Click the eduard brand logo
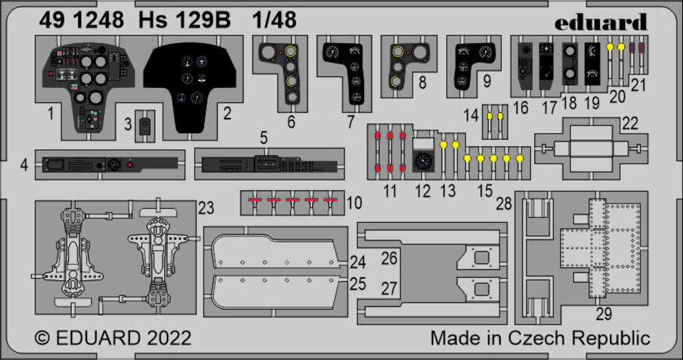(x=600, y=23)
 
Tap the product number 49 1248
(x=79, y=20)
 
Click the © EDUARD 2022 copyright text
(x=113, y=338)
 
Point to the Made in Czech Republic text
(x=540, y=338)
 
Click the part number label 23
(x=206, y=206)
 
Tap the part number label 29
(x=604, y=314)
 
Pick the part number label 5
(x=264, y=137)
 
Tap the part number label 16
(x=521, y=107)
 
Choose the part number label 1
(x=51, y=114)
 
